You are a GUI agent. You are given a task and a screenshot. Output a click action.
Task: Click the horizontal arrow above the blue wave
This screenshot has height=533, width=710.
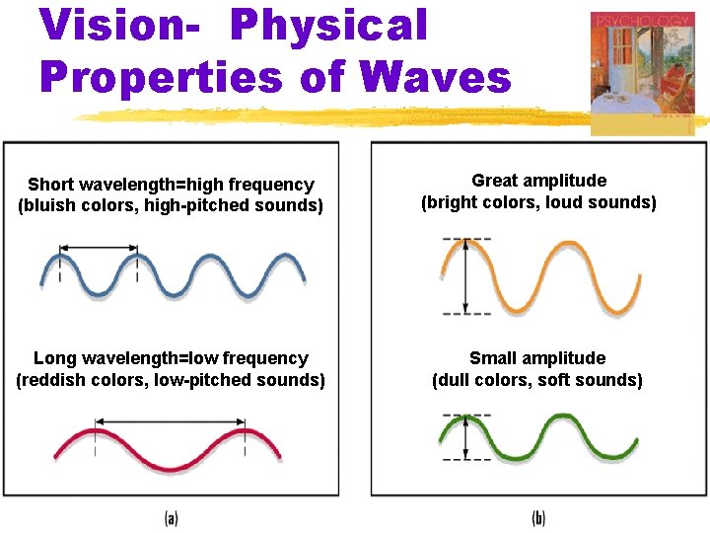(x=99, y=247)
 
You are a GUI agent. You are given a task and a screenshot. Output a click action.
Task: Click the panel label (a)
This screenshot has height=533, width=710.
(x=171, y=517)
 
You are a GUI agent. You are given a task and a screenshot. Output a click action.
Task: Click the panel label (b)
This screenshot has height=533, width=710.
(x=538, y=517)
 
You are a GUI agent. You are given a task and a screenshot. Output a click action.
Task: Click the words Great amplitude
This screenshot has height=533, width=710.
(x=538, y=181)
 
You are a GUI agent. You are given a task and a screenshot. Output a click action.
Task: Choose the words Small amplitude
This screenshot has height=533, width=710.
(x=537, y=358)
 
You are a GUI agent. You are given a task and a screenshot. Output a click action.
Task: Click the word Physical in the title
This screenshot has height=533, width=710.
(x=329, y=27)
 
